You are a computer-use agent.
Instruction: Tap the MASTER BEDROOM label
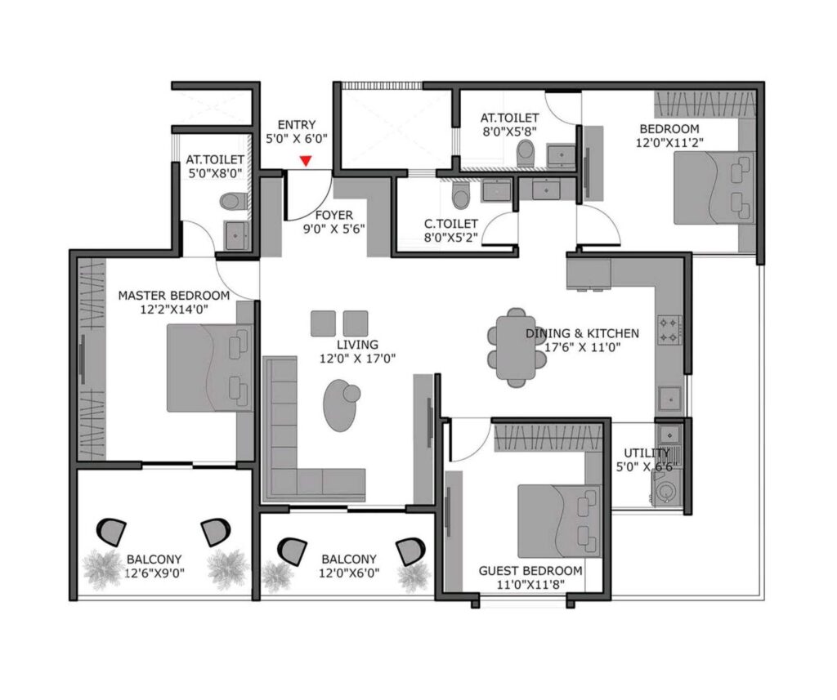(174, 295)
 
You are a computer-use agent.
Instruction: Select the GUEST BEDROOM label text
(530, 570)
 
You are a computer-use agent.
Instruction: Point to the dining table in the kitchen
(516, 346)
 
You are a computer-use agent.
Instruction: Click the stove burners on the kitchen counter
(670, 328)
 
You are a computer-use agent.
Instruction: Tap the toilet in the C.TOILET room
(461, 194)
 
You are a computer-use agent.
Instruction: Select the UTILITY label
(646, 453)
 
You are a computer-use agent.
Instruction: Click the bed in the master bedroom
(208, 368)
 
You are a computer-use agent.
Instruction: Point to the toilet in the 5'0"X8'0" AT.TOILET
(236, 200)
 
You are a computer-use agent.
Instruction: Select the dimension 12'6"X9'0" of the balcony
(155, 573)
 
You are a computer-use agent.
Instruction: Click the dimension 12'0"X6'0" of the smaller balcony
(349, 573)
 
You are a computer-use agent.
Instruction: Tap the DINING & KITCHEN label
(582, 333)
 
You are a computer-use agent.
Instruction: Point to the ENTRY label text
(296, 124)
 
